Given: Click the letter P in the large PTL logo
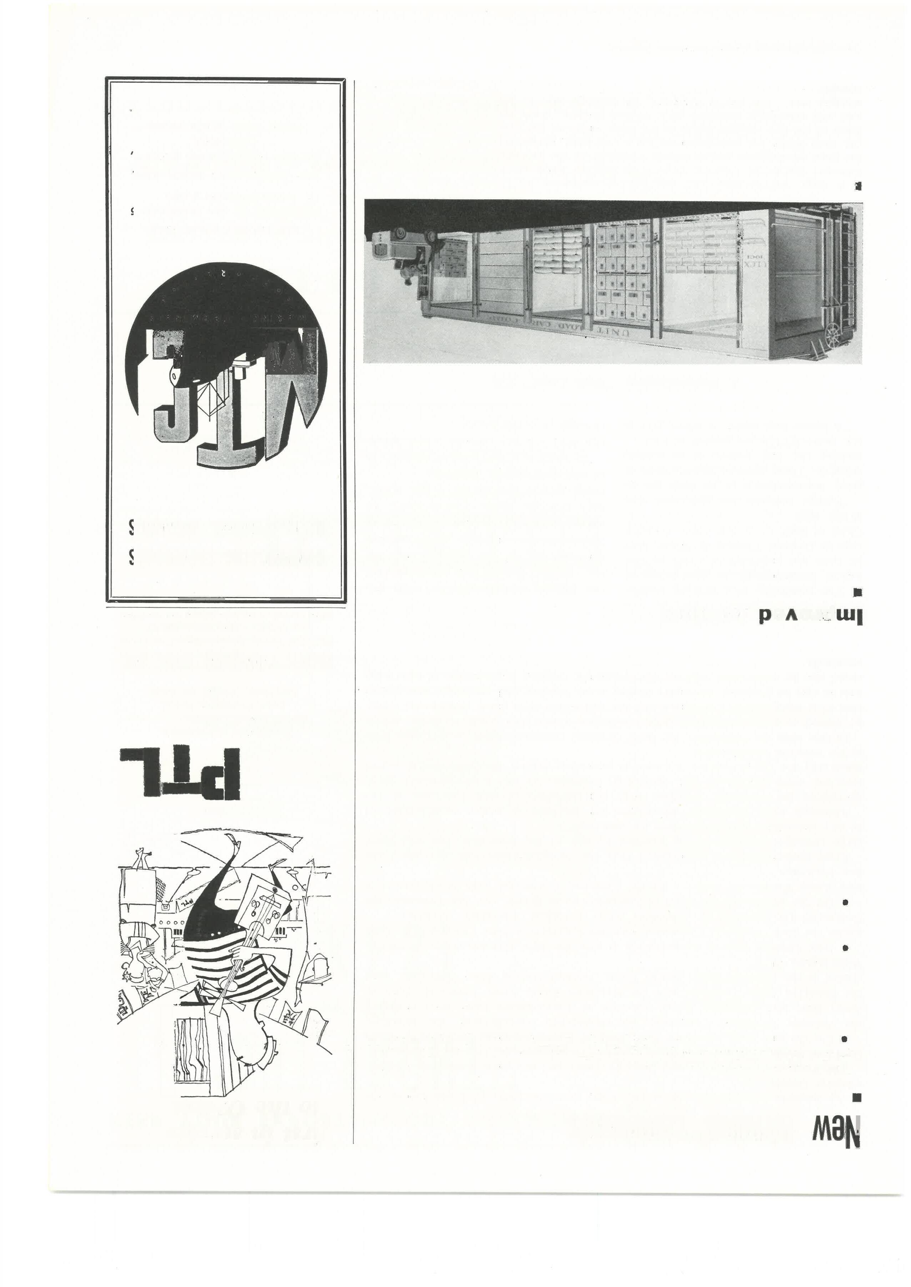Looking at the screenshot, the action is coord(221,772).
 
